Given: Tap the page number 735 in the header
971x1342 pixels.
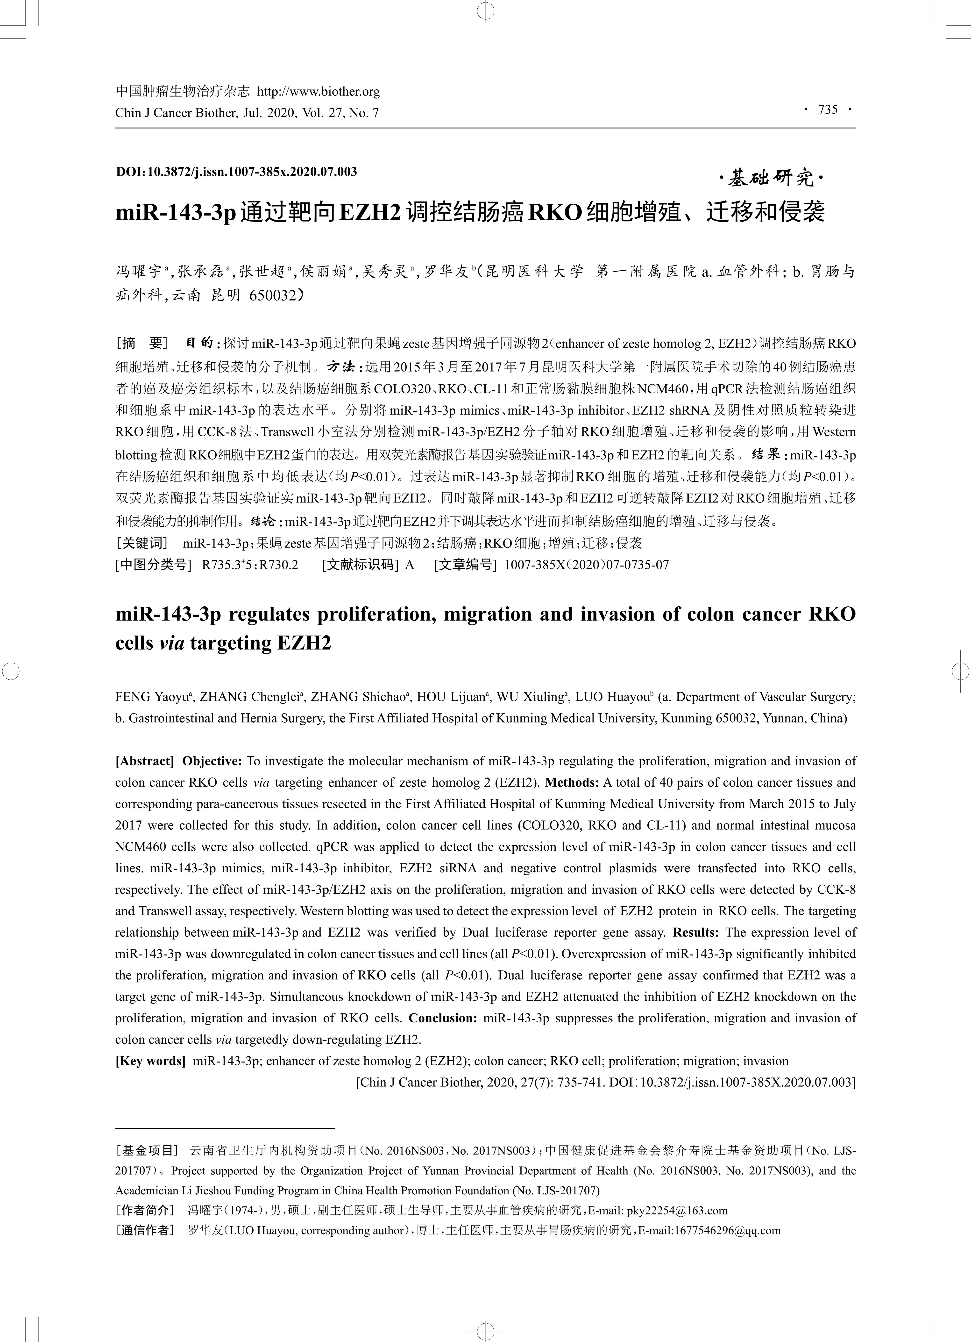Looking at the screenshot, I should coord(828,109).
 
